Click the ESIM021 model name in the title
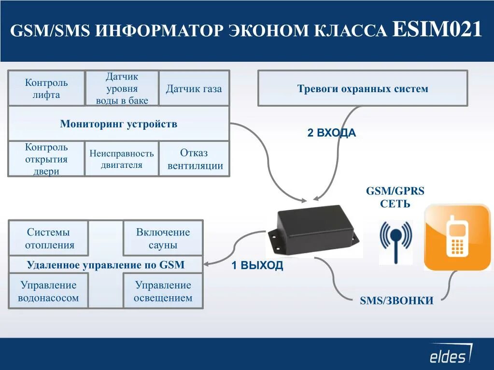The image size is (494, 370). tap(438, 30)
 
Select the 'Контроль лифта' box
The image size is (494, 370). tap(46, 88)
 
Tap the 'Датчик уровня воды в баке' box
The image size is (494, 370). tap(122, 88)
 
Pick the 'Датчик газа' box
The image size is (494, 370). tap(194, 89)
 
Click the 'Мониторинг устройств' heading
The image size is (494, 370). tap(118, 124)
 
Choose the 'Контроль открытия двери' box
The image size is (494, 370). tap(46, 159)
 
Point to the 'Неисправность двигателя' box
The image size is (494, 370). tap(122, 159)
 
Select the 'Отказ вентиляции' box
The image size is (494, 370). tap(194, 159)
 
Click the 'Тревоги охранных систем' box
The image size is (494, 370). tap(363, 88)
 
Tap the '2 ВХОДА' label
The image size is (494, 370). tap(331, 133)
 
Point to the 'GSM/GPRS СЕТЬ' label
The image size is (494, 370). tap(395, 197)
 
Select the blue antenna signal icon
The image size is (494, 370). tap(395, 241)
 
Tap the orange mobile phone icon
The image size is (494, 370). tap(457, 236)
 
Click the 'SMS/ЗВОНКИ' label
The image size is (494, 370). tap(396, 301)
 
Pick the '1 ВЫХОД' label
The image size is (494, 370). tap(257, 266)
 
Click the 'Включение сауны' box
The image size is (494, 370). tap(163, 238)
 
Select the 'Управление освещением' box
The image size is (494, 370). tap(163, 291)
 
